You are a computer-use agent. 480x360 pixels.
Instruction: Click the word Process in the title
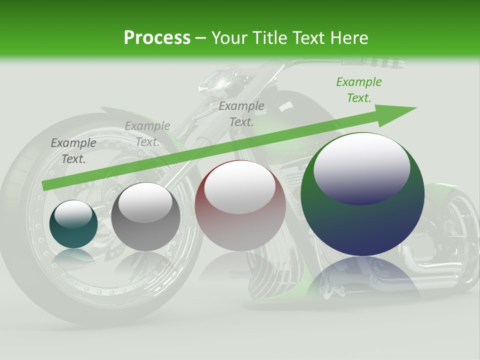[157, 38]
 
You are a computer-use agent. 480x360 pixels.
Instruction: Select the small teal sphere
[73, 224]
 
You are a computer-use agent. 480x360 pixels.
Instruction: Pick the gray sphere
[145, 216]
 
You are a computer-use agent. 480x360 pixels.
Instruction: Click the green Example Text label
[359, 90]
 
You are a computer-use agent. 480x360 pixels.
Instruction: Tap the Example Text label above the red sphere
[241, 113]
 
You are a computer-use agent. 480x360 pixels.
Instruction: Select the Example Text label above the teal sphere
[73, 150]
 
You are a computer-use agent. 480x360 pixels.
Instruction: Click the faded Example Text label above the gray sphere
[147, 134]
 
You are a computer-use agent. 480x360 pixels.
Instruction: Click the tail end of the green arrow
[46, 185]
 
